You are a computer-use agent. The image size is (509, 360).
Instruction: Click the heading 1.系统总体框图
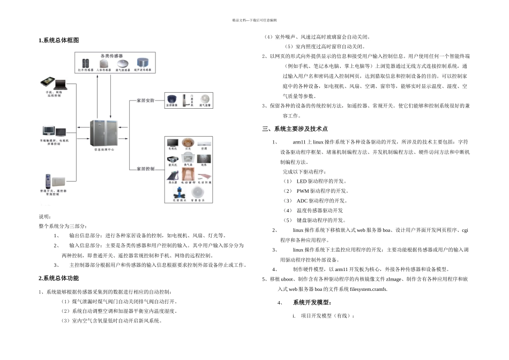(59, 41)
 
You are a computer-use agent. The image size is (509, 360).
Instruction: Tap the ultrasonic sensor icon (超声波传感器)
(143, 63)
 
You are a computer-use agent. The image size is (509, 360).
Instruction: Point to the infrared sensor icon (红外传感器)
(86, 63)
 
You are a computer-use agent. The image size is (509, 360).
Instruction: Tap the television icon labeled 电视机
(173, 142)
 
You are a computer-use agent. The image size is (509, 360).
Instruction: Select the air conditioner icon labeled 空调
(204, 142)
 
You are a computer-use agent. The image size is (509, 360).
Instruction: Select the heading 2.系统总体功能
(59, 278)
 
